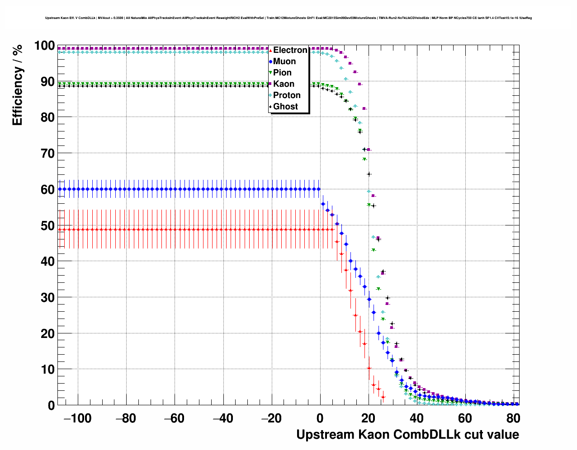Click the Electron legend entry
click(x=290, y=50)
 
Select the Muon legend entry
click(x=284, y=61)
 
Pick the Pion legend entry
click(x=282, y=73)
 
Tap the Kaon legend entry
click(x=284, y=84)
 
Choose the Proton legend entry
click(x=287, y=95)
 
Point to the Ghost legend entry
click(x=285, y=107)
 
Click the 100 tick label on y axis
click(x=44, y=46)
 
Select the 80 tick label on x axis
click(x=513, y=419)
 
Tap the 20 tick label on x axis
click(x=368, y=419)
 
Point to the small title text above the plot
click(x=288, y=18)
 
